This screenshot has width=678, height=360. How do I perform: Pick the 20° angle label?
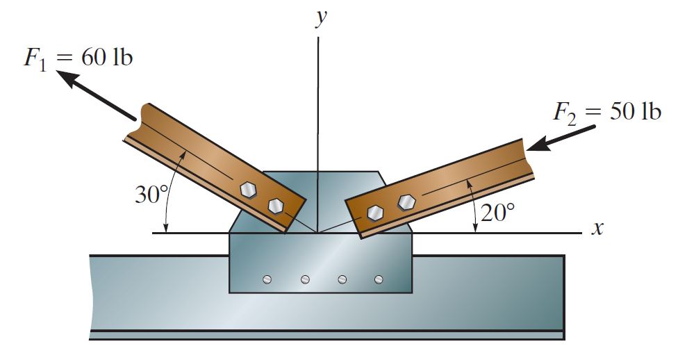498,213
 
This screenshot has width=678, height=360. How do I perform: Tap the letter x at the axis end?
596,229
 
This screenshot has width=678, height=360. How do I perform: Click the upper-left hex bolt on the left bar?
247,189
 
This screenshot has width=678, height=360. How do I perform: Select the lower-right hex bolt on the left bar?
276,206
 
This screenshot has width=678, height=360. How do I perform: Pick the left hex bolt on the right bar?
375,213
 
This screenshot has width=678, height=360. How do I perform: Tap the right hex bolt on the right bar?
406,202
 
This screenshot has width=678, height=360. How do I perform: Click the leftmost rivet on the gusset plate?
267,279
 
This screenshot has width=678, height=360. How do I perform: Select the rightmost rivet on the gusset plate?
379,279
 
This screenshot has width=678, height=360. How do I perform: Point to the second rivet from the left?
305,279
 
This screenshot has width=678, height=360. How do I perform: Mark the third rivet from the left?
342,279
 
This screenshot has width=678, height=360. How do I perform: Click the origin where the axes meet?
317,233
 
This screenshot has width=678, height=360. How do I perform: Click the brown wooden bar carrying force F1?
208,160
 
